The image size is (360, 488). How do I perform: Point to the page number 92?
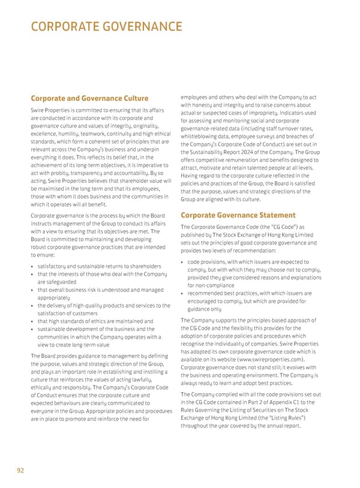(20, 470)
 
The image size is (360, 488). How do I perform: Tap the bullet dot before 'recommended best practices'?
(182, 293)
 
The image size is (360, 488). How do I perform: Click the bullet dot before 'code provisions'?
(182, 262)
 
